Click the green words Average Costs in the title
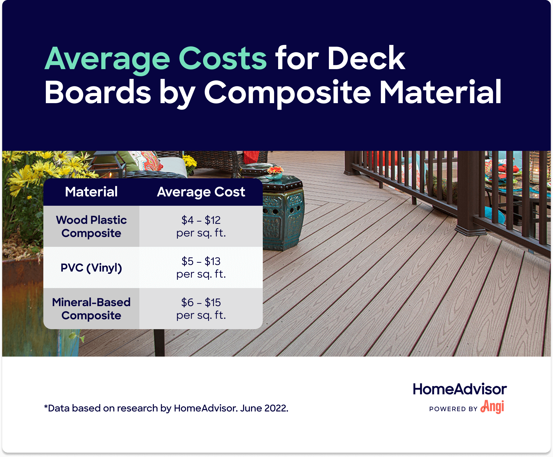[156, 59]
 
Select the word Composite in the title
[287, 93]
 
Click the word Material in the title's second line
[441, 92]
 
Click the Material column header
[91, 192]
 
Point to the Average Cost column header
[201, 192]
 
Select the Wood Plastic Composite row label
[91, 227]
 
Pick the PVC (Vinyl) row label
[91, 268]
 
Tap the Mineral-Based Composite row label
[91, 309]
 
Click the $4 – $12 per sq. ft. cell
[201, 227]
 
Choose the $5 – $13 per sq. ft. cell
[201, 268]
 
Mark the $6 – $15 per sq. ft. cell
[201, 309]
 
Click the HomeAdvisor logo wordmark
[460, 389]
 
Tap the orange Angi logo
[492, 407]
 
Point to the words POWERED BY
[453, 409]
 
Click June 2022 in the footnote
[264, 408]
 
